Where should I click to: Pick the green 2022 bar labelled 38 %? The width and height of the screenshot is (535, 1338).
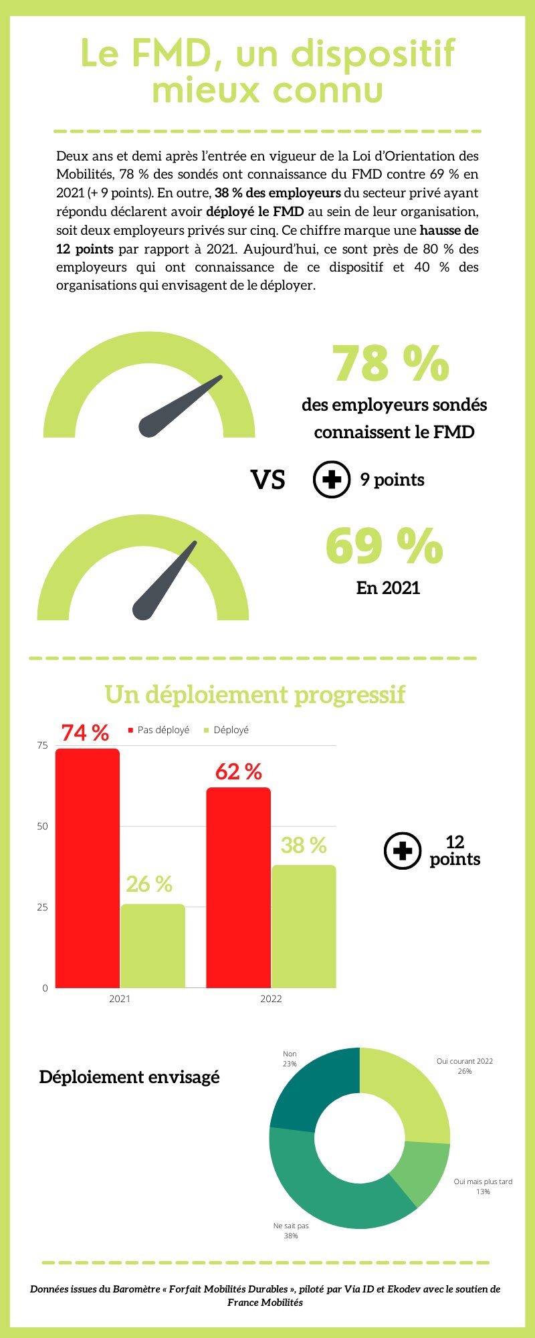(304, 926)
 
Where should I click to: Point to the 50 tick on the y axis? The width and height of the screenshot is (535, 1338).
(43, 826)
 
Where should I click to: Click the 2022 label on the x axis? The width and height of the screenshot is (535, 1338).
(271, 999)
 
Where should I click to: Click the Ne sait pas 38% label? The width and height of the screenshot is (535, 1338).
(291, 1230)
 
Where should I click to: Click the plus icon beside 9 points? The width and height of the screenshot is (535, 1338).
(332, 480)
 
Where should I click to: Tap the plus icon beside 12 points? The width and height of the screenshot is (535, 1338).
(403, 851)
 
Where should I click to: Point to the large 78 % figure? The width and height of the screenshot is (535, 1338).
(391, 363)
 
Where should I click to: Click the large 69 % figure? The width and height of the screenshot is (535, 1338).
(384, 546)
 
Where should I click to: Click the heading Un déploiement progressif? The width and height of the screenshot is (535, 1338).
(255, 694)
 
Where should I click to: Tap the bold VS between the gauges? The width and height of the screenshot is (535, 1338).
(267, 480)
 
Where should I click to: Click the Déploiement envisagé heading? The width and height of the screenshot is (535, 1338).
(129, 1077)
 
